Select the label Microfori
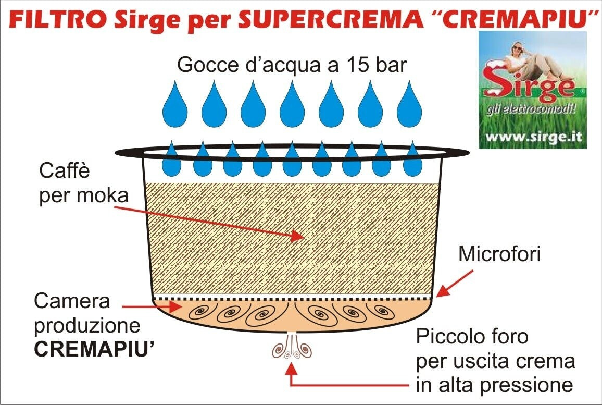click(x=499, y=255)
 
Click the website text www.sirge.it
click(x=532, y=138)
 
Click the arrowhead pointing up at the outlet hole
click(x=292, y=370)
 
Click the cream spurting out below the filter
click(x=292, y=348)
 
